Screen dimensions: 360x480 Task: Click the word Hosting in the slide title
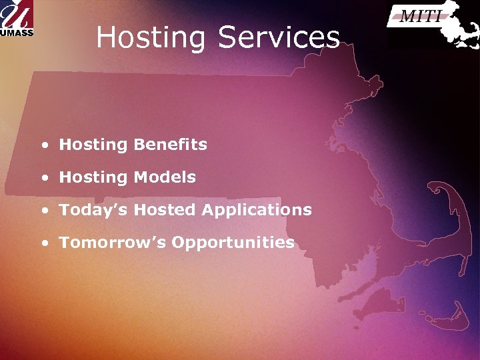pyautogui.click(x=151, y=38)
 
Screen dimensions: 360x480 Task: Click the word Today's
pyautogui.click(x=94, y=210)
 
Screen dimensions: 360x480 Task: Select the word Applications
pyautogui.click(x=257, y=210)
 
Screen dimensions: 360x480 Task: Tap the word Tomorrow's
pyautogui.click(x=113, y=242)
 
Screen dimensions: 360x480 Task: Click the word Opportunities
pyautogui.click(x=233, y=242)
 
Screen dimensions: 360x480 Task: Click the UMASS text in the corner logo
pyautogui.click(x=17, y=31)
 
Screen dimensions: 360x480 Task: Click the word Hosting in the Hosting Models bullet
pyautogui.click(x=93, y=177)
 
